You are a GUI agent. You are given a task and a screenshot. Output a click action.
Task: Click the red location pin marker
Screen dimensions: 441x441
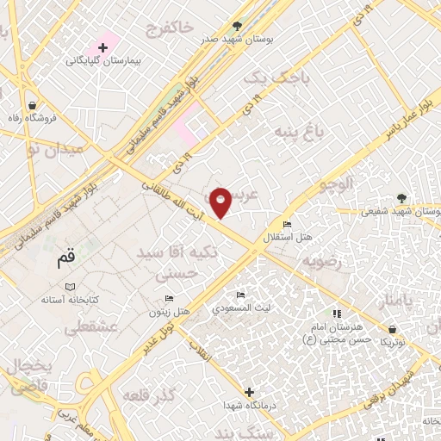click(x=220, y=202)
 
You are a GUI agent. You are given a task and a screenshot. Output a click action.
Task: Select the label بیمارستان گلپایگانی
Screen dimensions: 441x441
click(x=104, y=62)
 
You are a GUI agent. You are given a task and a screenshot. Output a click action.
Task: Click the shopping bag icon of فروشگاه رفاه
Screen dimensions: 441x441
click(x=31, y=102)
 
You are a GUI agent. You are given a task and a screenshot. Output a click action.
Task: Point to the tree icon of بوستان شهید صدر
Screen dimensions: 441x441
click(x=238, y=26)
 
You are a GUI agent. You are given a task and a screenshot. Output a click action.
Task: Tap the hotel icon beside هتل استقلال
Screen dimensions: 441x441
click(x=288, y=223)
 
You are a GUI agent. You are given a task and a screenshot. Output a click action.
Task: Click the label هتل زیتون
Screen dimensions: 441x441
click(x=170, y=311)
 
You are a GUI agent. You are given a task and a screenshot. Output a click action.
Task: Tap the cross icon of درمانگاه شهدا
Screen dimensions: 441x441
click(x=250, y=392)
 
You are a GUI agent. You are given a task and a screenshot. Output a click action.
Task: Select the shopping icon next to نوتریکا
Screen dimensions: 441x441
click(x=393, y=328)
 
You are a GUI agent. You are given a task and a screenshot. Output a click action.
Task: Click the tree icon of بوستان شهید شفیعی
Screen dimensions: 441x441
click(x=401, y=197)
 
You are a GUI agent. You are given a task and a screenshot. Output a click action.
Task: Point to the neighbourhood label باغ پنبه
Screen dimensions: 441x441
click(x=292, y=131)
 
